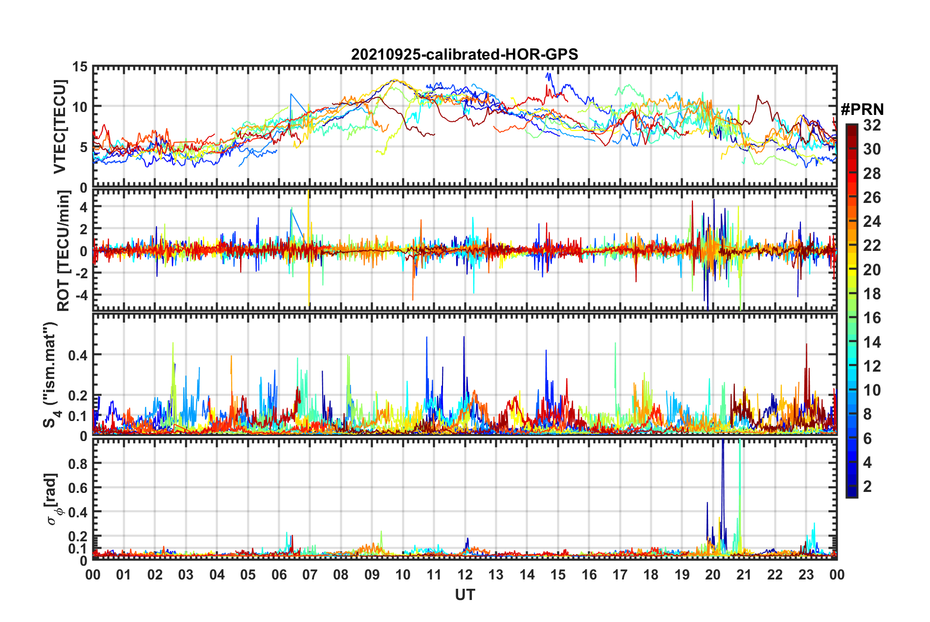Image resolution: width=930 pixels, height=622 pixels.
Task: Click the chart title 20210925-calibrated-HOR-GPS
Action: tap(465, 54)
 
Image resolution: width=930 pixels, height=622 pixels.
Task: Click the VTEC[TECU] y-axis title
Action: tap(60, 127)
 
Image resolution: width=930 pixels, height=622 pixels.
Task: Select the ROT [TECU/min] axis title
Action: tap(63, 251)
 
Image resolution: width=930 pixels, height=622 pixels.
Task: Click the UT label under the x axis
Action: tap(465, 595)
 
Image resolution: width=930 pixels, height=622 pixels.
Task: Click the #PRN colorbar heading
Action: tap(862, 110)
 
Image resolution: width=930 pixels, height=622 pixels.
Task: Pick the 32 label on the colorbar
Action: tap(872, 125)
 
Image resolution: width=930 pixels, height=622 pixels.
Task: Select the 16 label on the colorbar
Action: tap(872, 318)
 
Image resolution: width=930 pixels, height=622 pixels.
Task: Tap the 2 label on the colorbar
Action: tap(867, 486)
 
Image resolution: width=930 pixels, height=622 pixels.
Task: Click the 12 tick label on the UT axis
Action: tap(465, 575)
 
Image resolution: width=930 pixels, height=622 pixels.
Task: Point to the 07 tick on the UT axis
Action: tap(310, 575)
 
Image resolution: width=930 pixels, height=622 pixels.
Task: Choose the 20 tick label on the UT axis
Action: tap(713, 575)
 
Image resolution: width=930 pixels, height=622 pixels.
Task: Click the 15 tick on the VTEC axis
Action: tap(80, 67)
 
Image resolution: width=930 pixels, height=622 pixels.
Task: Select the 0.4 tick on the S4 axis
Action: tap(77, 355)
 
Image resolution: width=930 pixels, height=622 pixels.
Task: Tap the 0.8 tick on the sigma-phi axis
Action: tap(77, 464)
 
